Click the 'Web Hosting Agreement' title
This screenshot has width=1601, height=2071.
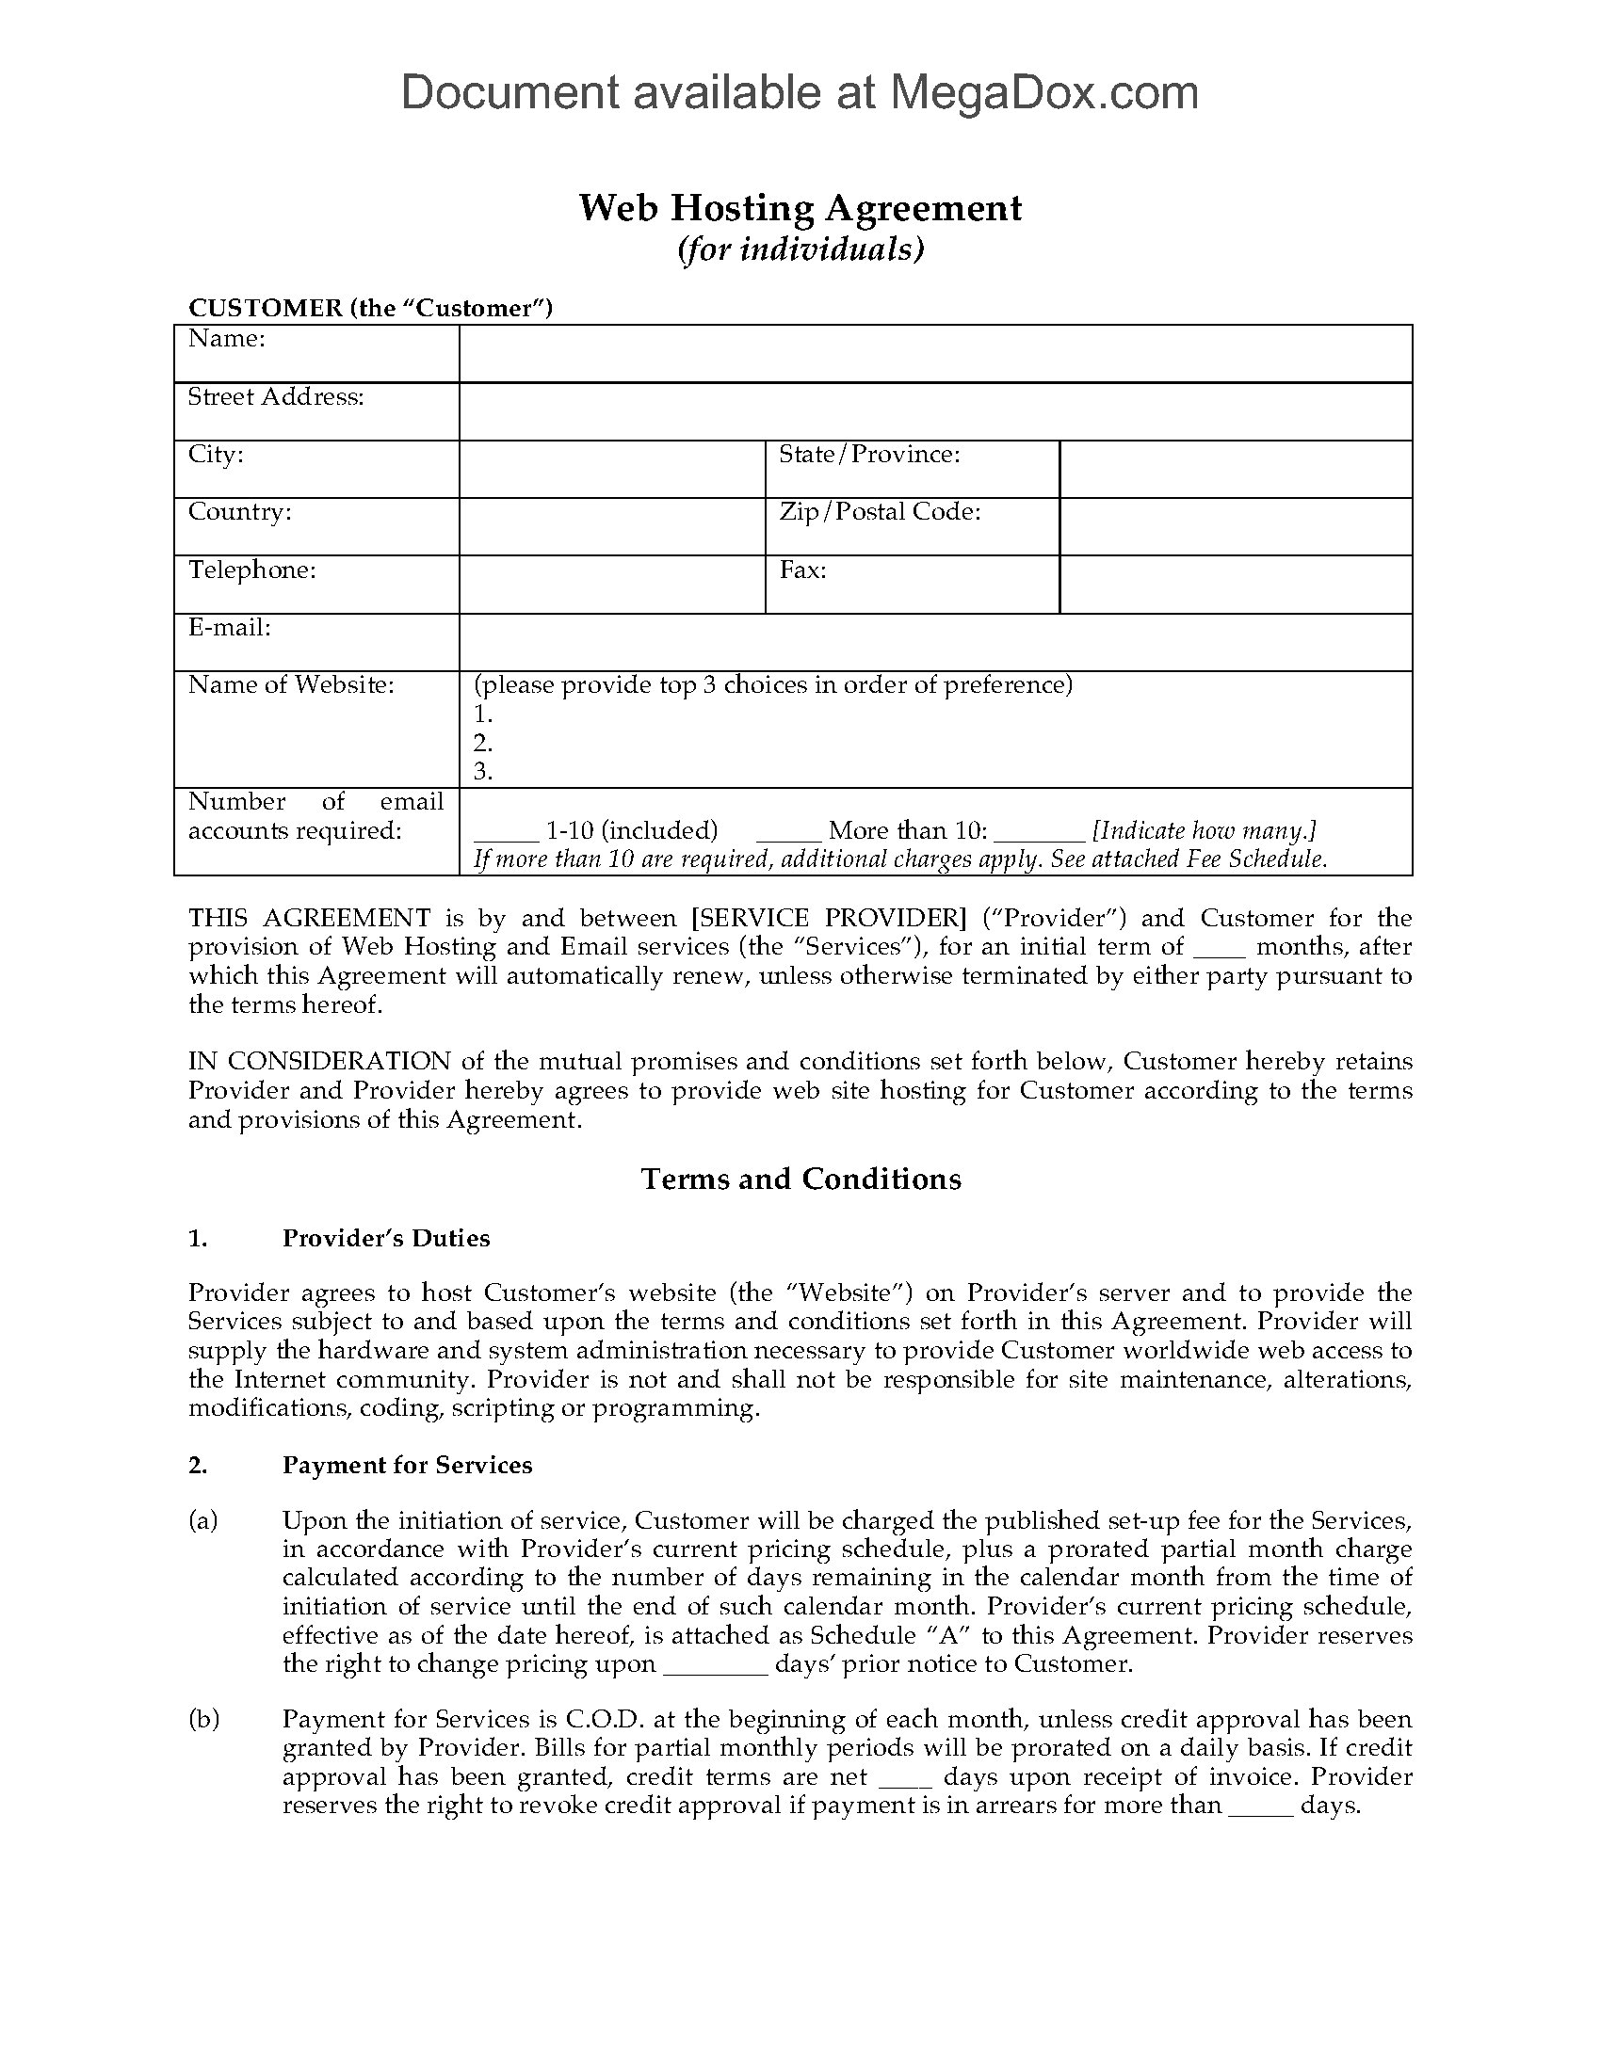pyautogui.click(x=800, y=208)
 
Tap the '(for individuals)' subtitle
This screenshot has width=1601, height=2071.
pyautogui.click(x=800, y=249)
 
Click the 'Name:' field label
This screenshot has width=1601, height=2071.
pyautogui.click(x=227, y=340)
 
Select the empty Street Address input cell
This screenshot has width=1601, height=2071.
pyautogui.click(x=935, y=411)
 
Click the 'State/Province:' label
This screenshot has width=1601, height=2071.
pyautogui.click(x=870, y=456)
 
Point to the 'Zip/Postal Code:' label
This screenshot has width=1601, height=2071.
pyautogui.click(x=880, y=513)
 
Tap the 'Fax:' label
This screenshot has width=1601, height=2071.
pyautogui.click(x=802, y=570)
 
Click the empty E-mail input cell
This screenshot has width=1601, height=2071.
pyautogui.click(x=935, y=642)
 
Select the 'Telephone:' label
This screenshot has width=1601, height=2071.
pyautogui.click(x=252, y=570)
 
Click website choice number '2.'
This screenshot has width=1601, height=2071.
pyautogui.click(x=483, y=743)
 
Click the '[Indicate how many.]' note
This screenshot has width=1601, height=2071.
pyautogui.click(x=1204, y=831)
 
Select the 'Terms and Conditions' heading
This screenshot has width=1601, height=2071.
pyautogui.click(x=800, y=1179)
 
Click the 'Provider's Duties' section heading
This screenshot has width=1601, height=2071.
pyautogui.click(x=386, y=1239)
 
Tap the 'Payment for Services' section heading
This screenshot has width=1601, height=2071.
pyautogui.click(x=407, y=1465)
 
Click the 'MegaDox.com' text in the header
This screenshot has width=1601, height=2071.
pyautogui.click(x=1043, y=93)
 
